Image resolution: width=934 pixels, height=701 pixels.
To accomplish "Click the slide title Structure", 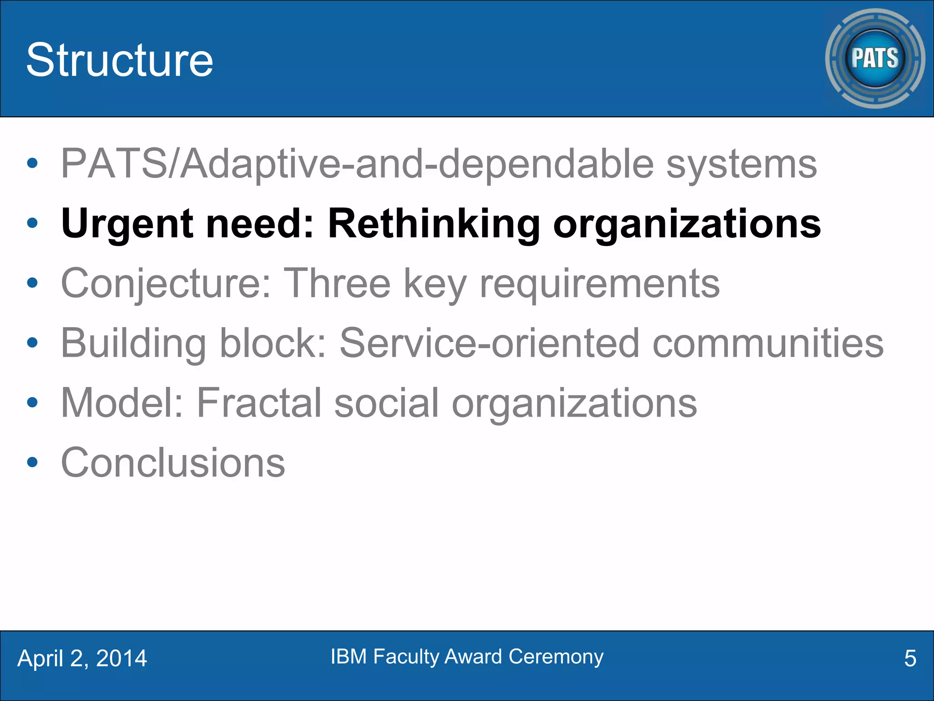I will tap(119, 60).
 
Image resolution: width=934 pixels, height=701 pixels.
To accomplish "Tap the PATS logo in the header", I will tap(875, 58).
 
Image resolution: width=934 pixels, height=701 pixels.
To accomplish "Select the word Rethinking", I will tap(434, 224).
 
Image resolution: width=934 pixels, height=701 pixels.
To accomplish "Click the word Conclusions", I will tap(173, 463).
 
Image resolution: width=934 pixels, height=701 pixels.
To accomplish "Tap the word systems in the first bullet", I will tap(742, 164).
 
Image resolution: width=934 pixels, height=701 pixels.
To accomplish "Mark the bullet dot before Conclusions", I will tap(32, 463).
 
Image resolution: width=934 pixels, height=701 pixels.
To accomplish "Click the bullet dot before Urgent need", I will tap(32, 223).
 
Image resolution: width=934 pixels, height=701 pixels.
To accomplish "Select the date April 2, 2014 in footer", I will tap(82, 659).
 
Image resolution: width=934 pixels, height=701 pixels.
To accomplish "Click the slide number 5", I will tap(910, 659).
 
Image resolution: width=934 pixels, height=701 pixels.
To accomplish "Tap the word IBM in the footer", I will tap(348, 657).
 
